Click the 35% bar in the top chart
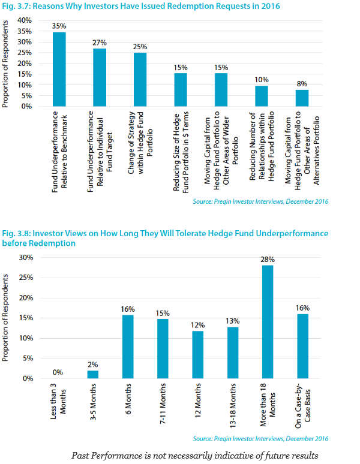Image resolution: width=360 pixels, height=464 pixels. pyautogui.click(x=59, y=69)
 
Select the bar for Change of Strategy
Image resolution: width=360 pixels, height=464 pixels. pyautogui.click(x=140, y=80)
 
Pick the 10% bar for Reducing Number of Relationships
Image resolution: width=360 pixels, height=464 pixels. pyautogui.click(x=262, y=96)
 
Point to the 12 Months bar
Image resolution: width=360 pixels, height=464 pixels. pyautogui.click(x=197, y=355)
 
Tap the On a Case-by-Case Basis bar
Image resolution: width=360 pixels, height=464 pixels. pyautogui.click(x=303, y=347)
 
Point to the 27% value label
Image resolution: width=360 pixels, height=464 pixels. pyautogui.click(x=100, y=43)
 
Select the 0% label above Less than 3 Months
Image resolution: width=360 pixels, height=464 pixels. pyautogui.click(x=57, y=372)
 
